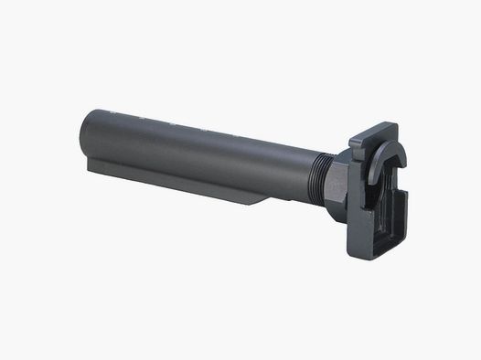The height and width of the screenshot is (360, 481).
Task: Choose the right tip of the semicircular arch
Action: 403,164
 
